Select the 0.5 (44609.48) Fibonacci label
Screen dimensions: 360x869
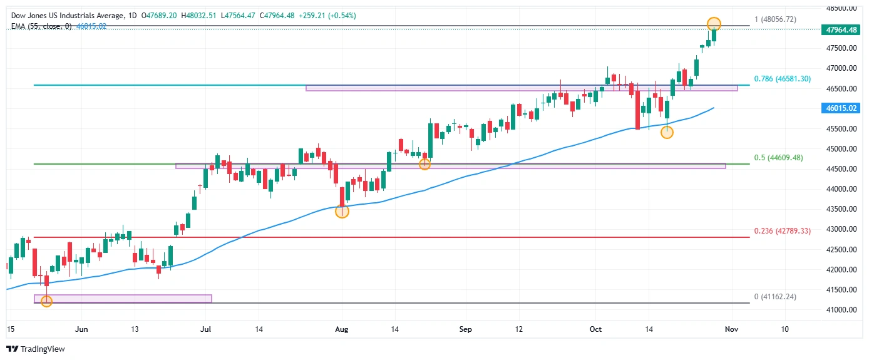(x=782, y=158)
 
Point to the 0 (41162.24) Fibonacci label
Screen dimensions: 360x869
(x=775, y=297)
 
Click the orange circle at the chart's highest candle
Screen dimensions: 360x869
(x=714, y=24)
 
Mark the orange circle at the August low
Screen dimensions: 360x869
(x=342, y=212)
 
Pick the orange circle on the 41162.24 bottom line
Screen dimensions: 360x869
(x=46, y=301)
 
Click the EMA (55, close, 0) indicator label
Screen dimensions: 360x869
(x=40, y=26)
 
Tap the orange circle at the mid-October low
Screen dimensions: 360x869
(x=667, y=132)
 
